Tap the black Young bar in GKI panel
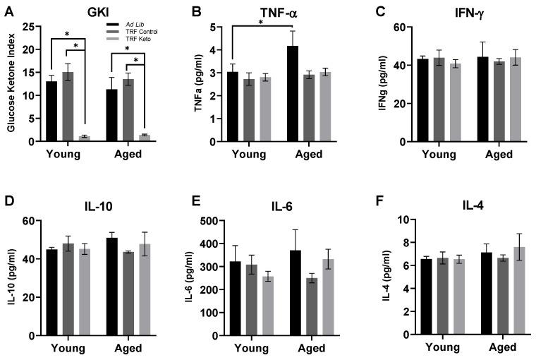point(51,112)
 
